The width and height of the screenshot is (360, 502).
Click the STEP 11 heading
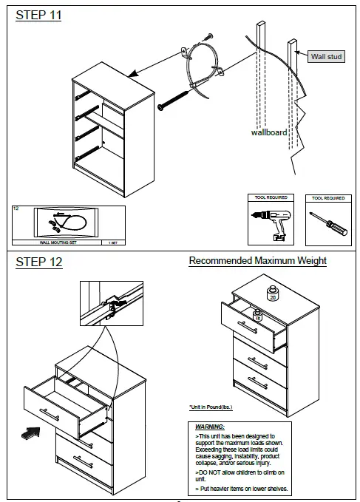pyautogui.click(x=38, y=16)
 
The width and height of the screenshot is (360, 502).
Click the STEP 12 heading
pyautogui.click(x=39, y=262)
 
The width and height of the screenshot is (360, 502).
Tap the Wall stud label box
pyautogui.click(x=326, y=56)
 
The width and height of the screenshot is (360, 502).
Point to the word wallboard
pyautogui.click(x=268, y=133)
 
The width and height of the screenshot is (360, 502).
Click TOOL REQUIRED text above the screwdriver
pyautogui.click(x=327, y=198)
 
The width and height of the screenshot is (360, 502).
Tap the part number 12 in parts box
pyautogui.click(x=16, y=209)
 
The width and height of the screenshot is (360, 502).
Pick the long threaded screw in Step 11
pyautogui.click(x=175, y=98)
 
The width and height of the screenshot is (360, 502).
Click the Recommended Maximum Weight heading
pyautogui.click(x=257, y=261)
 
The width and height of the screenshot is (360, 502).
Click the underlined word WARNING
pyautogui.click(x=210, y=427)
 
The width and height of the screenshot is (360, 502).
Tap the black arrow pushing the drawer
pyautogui.click(x=32, y=434)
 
